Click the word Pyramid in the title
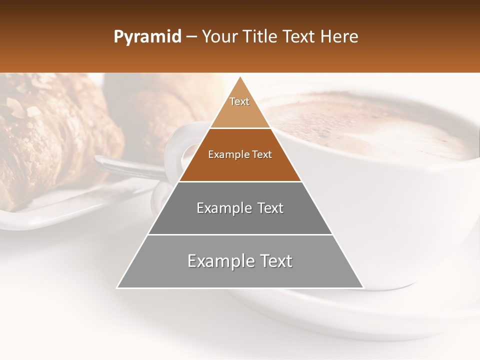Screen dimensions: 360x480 click(x=147, y=37)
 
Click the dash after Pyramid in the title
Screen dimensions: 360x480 click(x=191, y=37)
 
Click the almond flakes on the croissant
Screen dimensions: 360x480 click(x=20, y=107)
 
